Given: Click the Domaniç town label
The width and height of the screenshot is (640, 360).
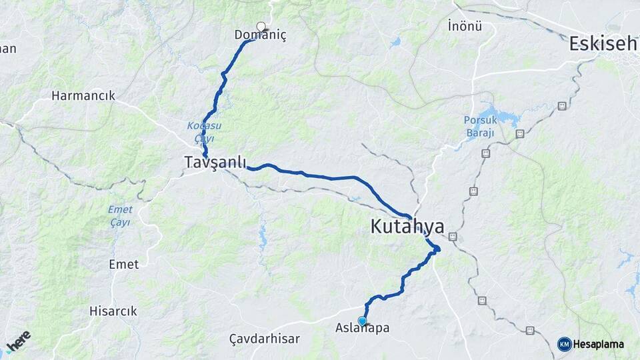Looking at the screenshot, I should [260, 35].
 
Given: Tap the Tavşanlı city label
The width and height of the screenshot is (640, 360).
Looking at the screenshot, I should [215, 162].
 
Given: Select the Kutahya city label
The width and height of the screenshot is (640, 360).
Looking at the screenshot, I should [407, 227].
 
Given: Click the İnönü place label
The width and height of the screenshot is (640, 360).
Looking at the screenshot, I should [465, 27].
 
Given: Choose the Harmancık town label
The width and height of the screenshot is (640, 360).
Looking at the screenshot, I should [83, 96].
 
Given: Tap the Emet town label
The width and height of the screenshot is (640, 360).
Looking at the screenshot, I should [124, 265].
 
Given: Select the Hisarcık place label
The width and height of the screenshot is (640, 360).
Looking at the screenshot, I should [113, 311].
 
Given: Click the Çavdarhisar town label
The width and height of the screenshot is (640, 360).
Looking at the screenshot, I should [264, 339].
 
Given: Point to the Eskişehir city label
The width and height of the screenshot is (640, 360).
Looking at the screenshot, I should [603, 44].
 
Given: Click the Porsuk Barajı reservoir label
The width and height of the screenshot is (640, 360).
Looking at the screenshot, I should [479, 127].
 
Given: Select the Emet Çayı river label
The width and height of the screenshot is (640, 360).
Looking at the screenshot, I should [120, 215].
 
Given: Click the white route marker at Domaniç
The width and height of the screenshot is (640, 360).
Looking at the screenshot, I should [261, 26].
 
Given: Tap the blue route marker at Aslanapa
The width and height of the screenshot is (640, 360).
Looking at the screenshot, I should [363, 321].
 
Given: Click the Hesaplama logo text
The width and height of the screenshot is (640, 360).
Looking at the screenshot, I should [599, 344].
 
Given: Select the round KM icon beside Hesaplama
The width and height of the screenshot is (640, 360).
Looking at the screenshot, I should [564, 344].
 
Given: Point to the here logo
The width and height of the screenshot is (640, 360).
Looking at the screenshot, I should [18, 341].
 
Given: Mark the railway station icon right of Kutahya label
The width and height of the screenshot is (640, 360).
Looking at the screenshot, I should [453, 236].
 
